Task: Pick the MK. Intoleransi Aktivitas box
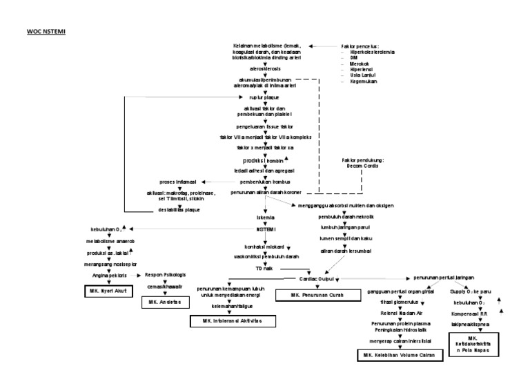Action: pyautogui.click(x=233, y=321)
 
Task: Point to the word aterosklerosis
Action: pyautogui.click(x=266, y=70)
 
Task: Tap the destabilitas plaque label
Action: pyautogui.click(x=180, y=209)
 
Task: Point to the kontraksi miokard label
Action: pyautogui.click(x=266, y=247)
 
